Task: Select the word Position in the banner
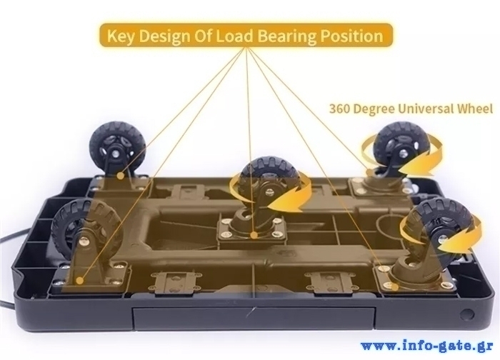tap(351, 36)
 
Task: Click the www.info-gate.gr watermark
tap(426, 346)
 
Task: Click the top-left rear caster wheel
tap(117, 149)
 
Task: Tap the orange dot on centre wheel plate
tap(254, 235)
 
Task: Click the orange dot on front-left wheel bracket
tap(80, 281)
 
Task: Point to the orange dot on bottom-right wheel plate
tap(395, 287)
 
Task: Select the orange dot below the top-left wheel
tap(120, 176)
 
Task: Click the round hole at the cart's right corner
tap(467, 315)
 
